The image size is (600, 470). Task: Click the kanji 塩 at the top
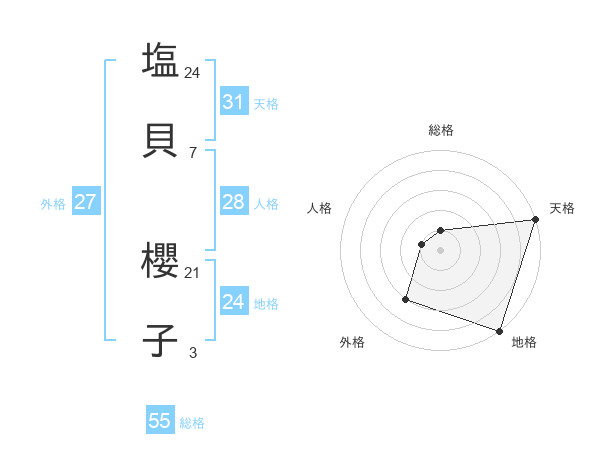click(x=160, y=60)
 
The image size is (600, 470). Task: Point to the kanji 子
click(x=160, y=340)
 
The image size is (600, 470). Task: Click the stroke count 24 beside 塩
click(x=193, y=72)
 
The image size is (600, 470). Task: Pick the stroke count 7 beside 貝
click(x=193, y=152)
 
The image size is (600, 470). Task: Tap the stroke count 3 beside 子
click(x=193, y=352)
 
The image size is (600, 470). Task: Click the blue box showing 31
click(x=233, y=102)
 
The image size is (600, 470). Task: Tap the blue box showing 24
click(x=233, y=302)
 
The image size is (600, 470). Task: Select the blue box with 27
click(x=85, y=202)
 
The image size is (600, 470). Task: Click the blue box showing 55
click(x=160, y=421)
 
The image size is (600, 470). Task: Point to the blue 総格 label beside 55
click(x=192, y=423)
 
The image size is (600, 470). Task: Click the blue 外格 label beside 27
click(x=53, y=204)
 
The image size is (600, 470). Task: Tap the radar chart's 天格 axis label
click(x=562, y=208)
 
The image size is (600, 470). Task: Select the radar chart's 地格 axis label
click(x=524, y=342)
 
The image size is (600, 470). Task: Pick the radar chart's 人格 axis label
click(x=320, y=208)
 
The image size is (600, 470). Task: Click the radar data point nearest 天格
click(x=535, y=220)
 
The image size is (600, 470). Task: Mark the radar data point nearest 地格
click(x=499, y=330)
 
